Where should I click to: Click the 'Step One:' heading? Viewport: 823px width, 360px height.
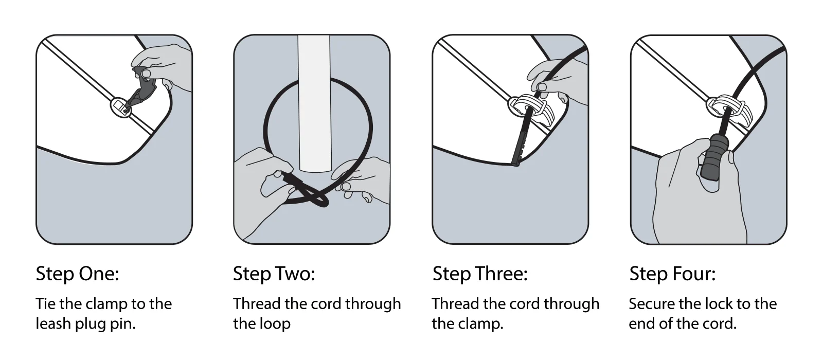[x=77, y=274]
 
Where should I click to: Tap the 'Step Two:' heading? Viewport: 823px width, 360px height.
[x=274, y=274]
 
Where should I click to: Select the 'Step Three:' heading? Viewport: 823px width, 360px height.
[x=480, y=274]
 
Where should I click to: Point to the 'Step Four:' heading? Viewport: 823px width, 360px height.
[x=672, y=274]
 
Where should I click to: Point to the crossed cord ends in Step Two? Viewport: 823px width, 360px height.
[x=309, y=193]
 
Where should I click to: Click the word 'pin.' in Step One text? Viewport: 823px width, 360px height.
[x=122, y=324]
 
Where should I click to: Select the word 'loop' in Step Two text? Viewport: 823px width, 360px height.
[x=276, y=324]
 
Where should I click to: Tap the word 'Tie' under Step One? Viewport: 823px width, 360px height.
[x=45, y=304]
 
